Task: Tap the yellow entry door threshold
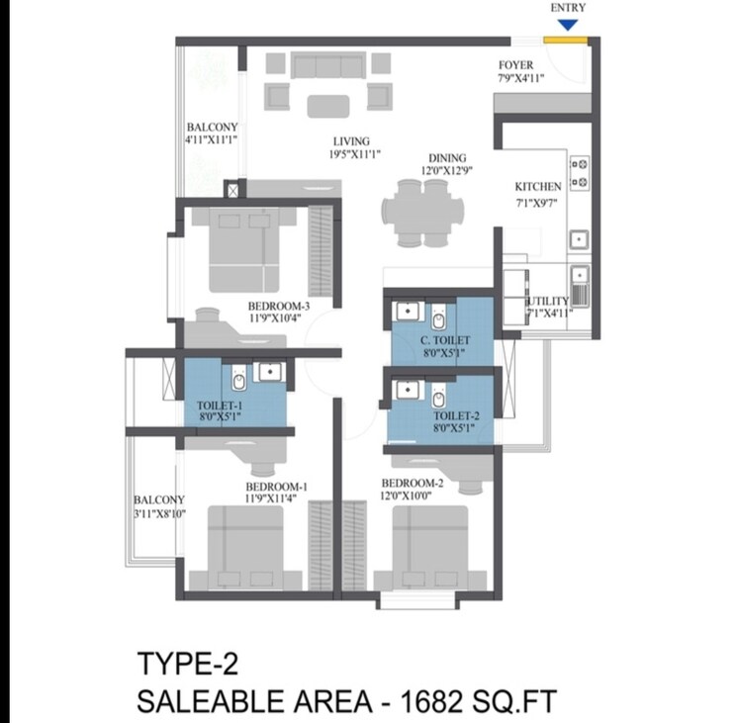tap(567, 41)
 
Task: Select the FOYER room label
tap(515, 65)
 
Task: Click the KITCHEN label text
tap(538, 186)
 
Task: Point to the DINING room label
tap(447, 158)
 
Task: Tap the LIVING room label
tap(350, 140)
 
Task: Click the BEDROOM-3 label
tap(279, 306)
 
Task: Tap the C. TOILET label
tap(443, 339)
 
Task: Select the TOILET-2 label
tap(456, 416)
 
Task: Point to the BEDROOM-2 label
tap(412, 484)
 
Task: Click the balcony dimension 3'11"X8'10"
tap(160, 513)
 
